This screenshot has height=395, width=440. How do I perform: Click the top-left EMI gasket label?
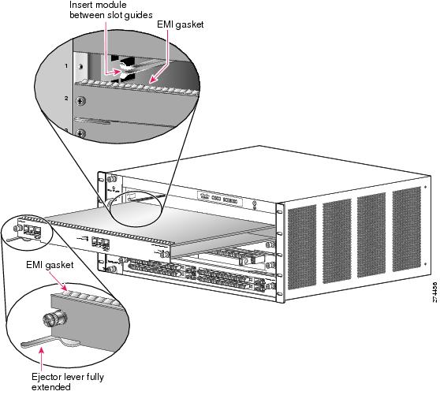click(x=180, y=24)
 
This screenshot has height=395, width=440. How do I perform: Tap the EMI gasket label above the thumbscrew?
click(x=50, y=265)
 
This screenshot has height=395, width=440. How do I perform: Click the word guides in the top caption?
click(x=138, y=15)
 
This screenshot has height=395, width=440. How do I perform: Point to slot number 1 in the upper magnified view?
click(x=66, y=66)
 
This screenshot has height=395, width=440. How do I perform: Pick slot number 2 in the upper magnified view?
click(x=66, y=99)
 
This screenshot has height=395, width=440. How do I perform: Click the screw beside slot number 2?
click(x=80, y=101)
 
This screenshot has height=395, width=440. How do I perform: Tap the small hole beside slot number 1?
click(x=80, y=66)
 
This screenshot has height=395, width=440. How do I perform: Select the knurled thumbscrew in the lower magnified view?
click(x=55, y=318)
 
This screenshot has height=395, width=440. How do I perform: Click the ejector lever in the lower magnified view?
click(x=50, y=341)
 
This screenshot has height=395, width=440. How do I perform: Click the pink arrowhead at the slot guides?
click(x=117, y=72)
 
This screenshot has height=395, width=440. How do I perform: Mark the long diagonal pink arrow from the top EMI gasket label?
click(x=158, y=57)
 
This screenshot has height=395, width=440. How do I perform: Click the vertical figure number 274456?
click(x=434, y=292)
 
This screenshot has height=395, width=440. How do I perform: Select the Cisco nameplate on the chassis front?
click(x=220, y=199)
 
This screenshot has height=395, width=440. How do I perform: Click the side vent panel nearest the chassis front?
click(x=302, y=247)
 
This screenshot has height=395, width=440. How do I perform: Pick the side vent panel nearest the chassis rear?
click(x=407, y=229)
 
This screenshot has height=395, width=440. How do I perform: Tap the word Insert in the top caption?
click(x=80, y=5)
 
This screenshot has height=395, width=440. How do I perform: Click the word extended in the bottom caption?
click(x=51, y=387)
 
